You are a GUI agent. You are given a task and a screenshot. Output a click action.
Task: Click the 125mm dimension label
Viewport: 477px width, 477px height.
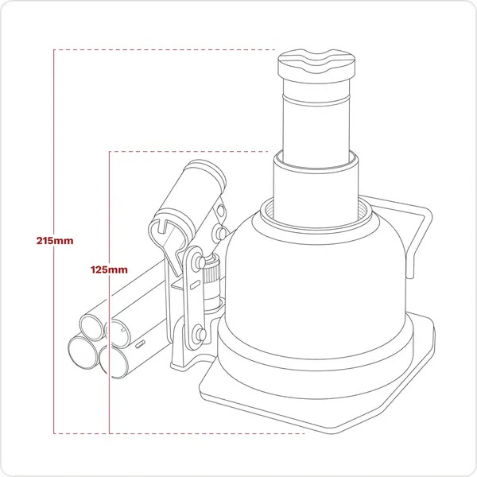tap(110, 270)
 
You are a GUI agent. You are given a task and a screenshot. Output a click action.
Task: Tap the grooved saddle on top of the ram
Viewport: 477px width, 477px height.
tap(315, 62)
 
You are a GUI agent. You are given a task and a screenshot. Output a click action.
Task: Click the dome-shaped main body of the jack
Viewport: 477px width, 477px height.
tap(318, 270)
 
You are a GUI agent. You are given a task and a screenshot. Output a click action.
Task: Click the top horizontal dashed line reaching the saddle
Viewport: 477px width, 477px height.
tap(159, 50)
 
